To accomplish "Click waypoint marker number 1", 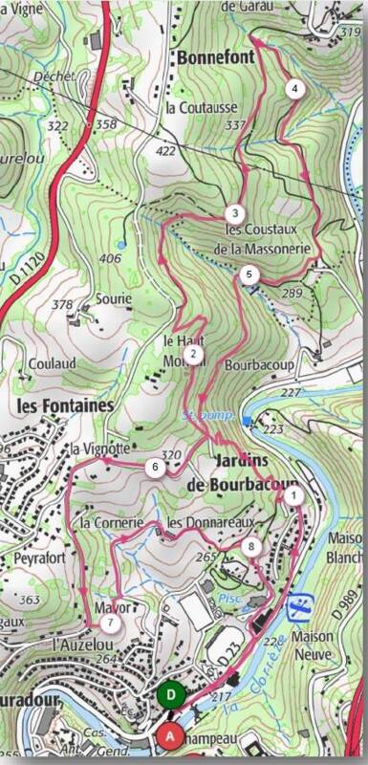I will pyautogui.click(x=293, y=494).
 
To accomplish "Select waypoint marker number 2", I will pyautogui.click(x=193, y=355).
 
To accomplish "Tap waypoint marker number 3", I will pyautogui.click(x=233, y=213).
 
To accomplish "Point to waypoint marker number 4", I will pyautogui.click(x=294, y=88).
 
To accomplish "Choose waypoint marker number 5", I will pyautogui.click(x=249, y=274).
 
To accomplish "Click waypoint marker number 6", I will pyautogui.click(x=154, y=467).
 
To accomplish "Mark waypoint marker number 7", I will pyautogui.click(x=111, y=623).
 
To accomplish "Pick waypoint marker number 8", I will pyautogui.click(x=251, y=546).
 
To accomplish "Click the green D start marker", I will pyautogui.click(x=171, y=695).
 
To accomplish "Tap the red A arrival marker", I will pyautogui.click(x=170, y=735).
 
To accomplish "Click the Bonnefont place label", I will pyautogui.click(x=213, y=58).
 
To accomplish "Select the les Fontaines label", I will pyautogui.click(x=65, y=405).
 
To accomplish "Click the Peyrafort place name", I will pyautogui.click(x=33, y=556).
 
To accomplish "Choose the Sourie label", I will pyautogui.click(x=113, y=299).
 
